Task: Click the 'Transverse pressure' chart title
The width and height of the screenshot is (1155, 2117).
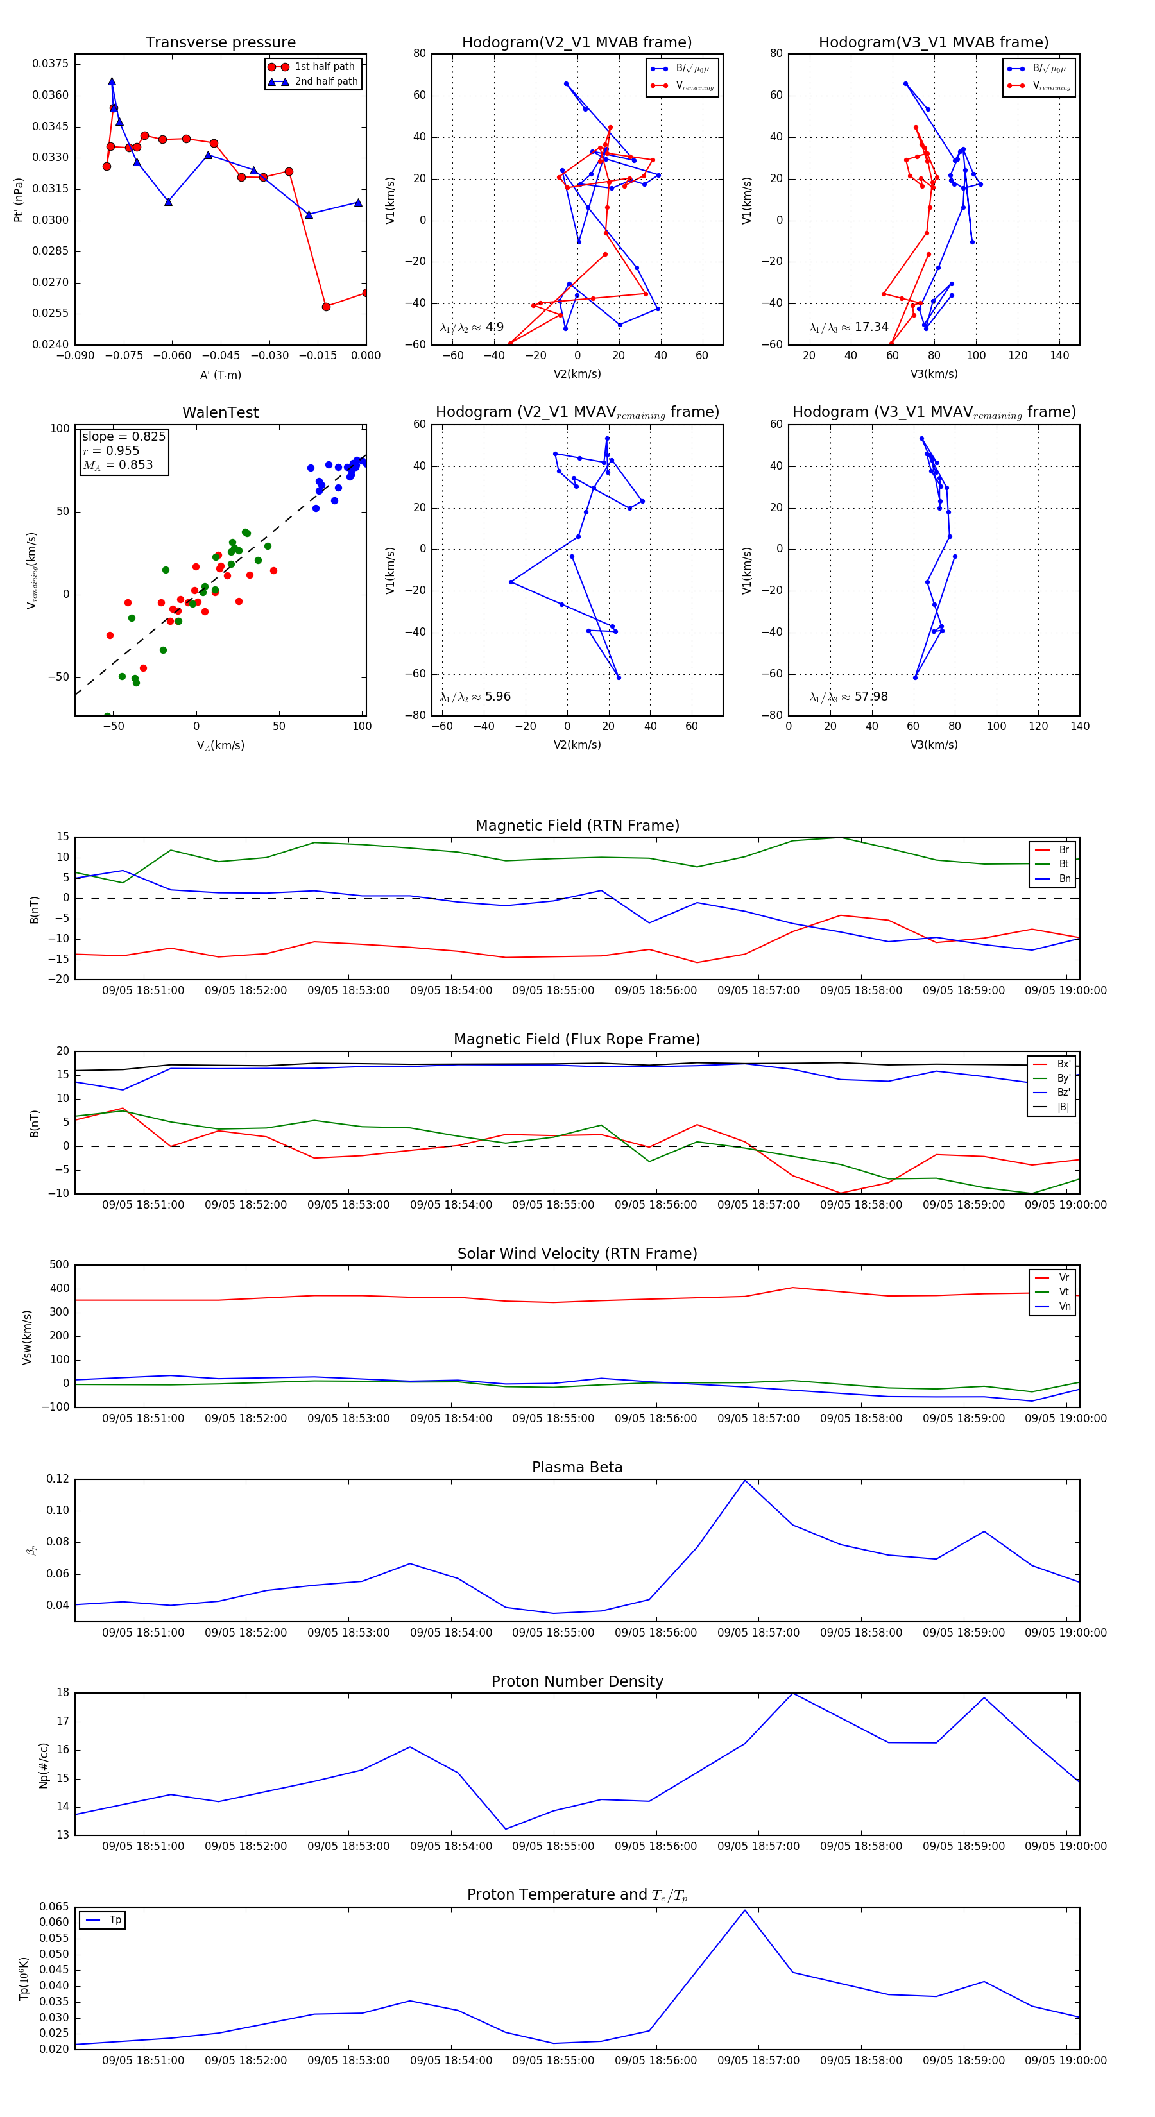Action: tap(220, 43)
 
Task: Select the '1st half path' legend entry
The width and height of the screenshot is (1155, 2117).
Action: tap(324, 67)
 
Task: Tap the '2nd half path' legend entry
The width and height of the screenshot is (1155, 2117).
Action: tap(325, 81)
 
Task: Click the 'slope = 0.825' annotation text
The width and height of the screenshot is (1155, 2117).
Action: tap(123, 436)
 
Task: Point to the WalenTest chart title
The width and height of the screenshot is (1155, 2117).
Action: tap(220, 412)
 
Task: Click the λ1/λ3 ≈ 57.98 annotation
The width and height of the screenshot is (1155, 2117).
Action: tap(848, 697)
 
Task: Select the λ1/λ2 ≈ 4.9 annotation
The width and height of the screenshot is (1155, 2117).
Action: tap(472, 327)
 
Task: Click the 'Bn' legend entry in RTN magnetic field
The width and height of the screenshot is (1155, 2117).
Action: tap(1064, 878)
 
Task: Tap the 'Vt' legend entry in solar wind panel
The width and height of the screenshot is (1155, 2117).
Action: tap(1064, 1292)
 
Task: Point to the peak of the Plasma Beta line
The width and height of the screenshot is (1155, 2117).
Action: tap(745, 1480)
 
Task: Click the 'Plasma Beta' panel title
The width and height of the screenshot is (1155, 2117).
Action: tap(577, 1467)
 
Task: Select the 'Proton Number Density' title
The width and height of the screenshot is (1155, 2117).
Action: tap(577, 1681)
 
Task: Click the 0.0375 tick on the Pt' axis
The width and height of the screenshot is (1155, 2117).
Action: tap(50, 64)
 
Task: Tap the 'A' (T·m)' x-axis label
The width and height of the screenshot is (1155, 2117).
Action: tap(220, 375)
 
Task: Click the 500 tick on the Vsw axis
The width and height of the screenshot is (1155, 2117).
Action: tap(59, 1265)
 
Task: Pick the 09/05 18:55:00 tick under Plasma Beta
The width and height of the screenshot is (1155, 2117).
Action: tap(553, 1632)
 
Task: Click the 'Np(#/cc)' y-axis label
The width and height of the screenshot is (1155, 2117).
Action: tap(44, 1765)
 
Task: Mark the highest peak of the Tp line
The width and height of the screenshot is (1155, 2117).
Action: tap(745, 1909)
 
